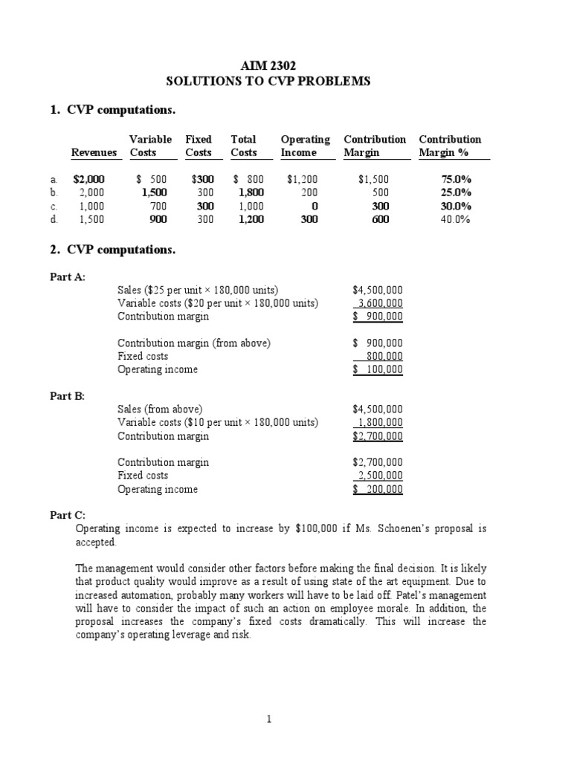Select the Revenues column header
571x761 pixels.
[94, 152]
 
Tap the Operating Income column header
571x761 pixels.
[305, 146]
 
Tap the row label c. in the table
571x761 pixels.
[53, 206]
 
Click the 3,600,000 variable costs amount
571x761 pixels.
[379, 303]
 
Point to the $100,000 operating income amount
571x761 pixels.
[378, 369]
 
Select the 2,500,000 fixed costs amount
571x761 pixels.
[379, 476]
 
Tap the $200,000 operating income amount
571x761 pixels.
[378, 489]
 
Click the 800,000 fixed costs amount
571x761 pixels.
[384, 356]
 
